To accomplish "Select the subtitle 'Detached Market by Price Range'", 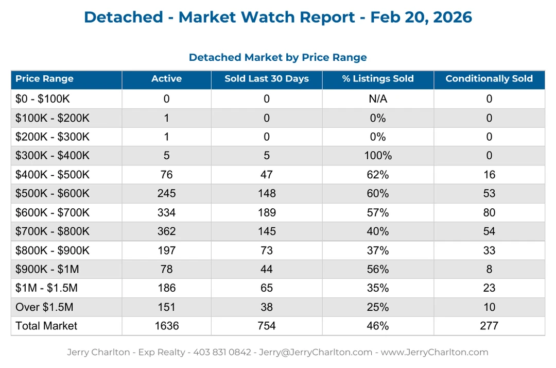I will (277, 57).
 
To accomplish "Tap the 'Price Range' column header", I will (44, 79).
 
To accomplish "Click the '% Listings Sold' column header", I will (377, 79).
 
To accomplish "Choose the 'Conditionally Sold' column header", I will (489, 79).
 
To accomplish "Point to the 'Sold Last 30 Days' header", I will (267, 79).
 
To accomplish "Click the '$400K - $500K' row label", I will (52, 175).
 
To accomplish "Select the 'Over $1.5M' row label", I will (44, 307).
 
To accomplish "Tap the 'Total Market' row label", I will (46, 326).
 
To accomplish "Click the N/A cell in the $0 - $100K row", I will (377, 99).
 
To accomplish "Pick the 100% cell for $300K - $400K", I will (377, 156).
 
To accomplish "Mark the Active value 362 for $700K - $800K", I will (166, 231).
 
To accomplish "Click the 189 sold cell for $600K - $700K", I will (267, 212).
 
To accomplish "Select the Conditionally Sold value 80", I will (489, 212).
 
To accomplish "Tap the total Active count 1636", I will (166, 326).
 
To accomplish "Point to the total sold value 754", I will (267, 326).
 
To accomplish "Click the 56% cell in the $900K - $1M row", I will (377, 269).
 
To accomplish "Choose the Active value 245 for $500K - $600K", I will (166, 193).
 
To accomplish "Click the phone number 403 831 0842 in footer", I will (222, 353).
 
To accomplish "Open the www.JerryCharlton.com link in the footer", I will (434, 353).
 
